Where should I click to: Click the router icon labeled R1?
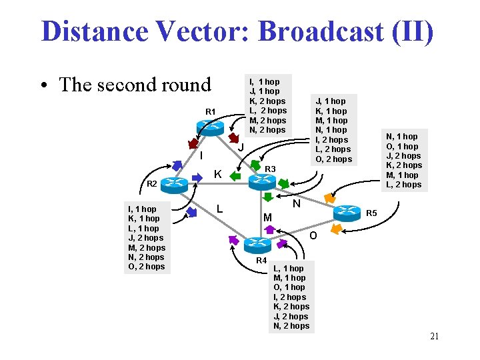pyautogui.click(x=211, y=126)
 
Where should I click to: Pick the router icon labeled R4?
pyautogui.click(x=258, y=245)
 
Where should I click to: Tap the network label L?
pyautogui.click(x=219, y=209)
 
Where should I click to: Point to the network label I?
pyautogui.click(x=201, y=156)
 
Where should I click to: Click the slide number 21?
pyautogui.click(x=434, y=336)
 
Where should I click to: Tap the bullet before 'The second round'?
pyautogui.click(x=43, y=85)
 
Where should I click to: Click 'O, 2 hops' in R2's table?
pyautogui.click(x=145, y=267)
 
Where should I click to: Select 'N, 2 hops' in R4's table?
pyautogui.click(x=291, y=326)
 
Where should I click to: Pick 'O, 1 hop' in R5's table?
pyautogui.click(x=402, y=146)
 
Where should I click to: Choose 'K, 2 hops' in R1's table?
pyautogui.click(x=267, y=101)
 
